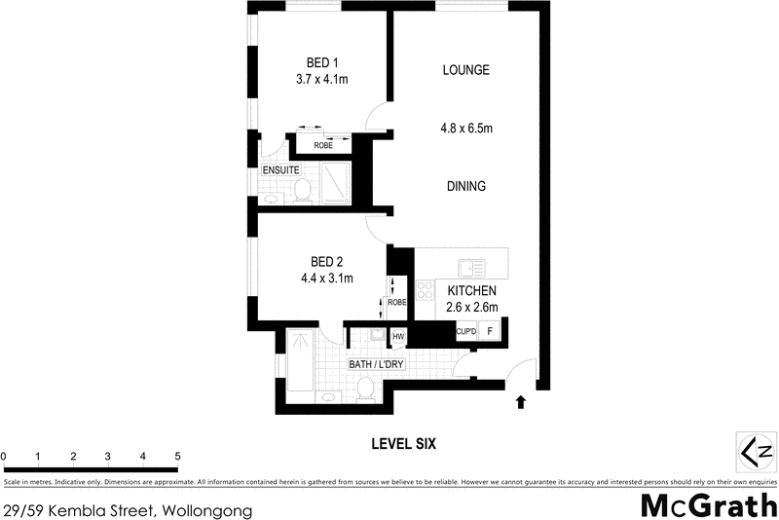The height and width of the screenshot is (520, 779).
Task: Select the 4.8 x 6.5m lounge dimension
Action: point(465,127)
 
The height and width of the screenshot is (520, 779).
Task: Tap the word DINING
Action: point(465,186)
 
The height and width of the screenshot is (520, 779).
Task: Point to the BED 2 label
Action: point(326,261)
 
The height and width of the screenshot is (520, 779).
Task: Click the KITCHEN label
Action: point(472,291)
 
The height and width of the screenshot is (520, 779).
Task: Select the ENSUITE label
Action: point(280,170)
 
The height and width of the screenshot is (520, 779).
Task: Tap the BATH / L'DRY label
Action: point(376,365)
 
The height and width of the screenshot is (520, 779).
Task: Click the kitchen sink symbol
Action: point(472,266)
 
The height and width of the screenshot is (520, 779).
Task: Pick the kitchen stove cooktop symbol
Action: point(426,289)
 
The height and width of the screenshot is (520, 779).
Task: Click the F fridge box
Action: point(490,331)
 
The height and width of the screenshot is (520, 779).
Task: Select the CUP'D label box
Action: point(465,331)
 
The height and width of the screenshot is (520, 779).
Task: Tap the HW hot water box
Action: point(397,337)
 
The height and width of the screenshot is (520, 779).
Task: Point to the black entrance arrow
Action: point(521,400)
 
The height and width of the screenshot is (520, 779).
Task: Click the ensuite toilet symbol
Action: point(302,187)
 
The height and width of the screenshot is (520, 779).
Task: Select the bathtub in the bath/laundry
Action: point(300,365)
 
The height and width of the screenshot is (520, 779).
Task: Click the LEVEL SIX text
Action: point(403,443)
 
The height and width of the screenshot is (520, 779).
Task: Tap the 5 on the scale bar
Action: point(177,456)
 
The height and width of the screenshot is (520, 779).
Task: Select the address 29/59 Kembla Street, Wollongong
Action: point(128,510)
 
